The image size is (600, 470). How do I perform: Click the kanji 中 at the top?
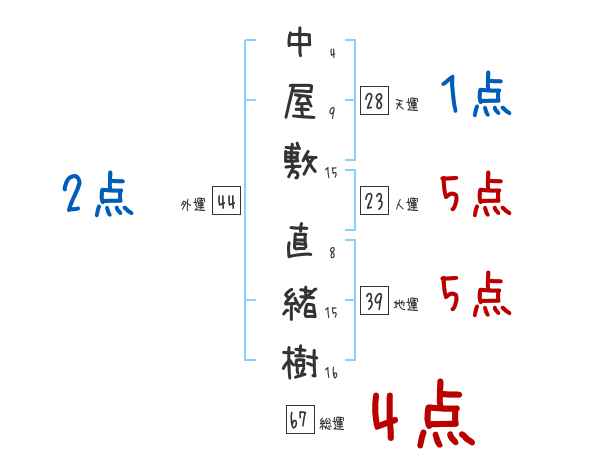point(299,45)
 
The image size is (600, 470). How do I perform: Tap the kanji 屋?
point(299,100)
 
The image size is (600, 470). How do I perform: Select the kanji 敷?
point(299,158)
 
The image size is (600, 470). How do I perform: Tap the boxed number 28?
point(373,100)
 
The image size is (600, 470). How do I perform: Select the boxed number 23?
point(373,201)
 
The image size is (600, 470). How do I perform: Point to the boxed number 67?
point(299,420)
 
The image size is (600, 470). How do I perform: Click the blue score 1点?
point(476,97)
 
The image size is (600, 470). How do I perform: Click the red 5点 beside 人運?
point(476,195)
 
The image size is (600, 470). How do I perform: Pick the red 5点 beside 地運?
point(476,295)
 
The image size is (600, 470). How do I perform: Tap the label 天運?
point(406,104)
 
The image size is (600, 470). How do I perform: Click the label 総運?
point(332,424)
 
